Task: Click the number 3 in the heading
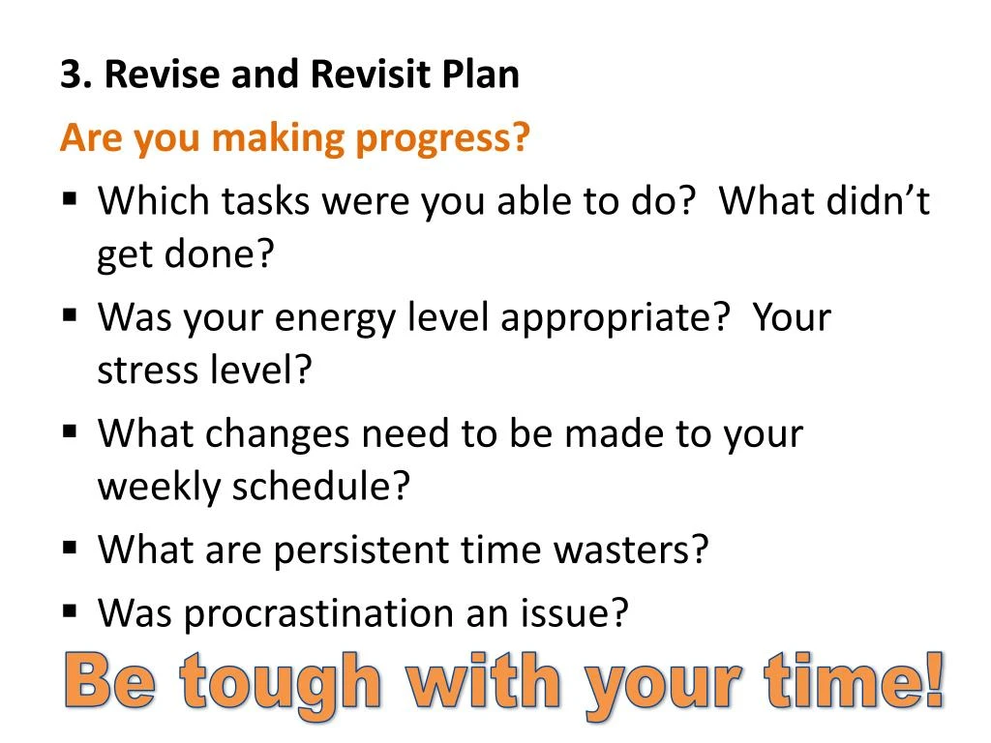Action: (x=69, y=75)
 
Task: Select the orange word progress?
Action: (x=442, y=140)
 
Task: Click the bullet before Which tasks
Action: (x=70, y=198)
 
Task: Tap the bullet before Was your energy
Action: (x=70, y=314)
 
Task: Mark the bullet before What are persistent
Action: (x=70, y=547)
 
